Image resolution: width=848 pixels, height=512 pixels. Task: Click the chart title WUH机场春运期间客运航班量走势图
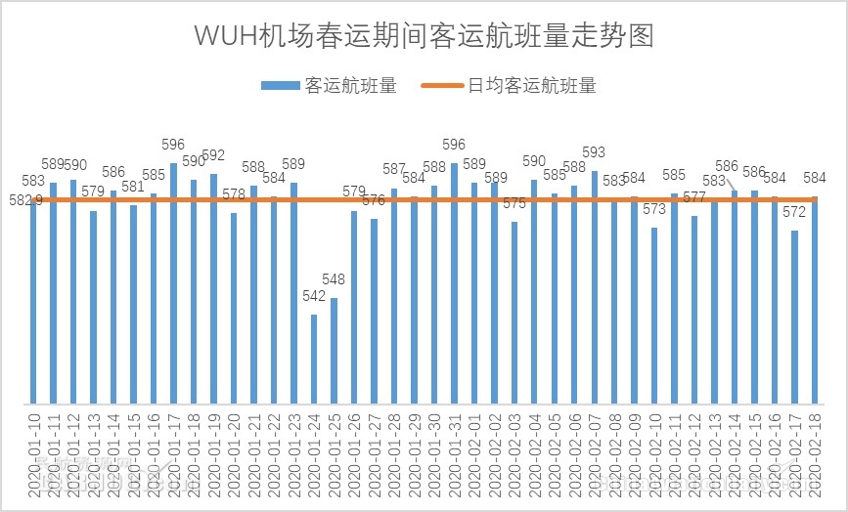424,35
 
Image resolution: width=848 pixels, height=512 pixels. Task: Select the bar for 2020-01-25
334,351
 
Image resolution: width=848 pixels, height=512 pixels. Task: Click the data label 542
314,297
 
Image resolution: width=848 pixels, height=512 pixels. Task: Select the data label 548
334,280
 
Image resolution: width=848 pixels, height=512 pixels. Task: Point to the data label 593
594,152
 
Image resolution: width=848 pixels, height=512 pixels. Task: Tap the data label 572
795,212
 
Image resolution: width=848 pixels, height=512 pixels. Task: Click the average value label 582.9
22,199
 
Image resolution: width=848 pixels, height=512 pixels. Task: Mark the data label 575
514,203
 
